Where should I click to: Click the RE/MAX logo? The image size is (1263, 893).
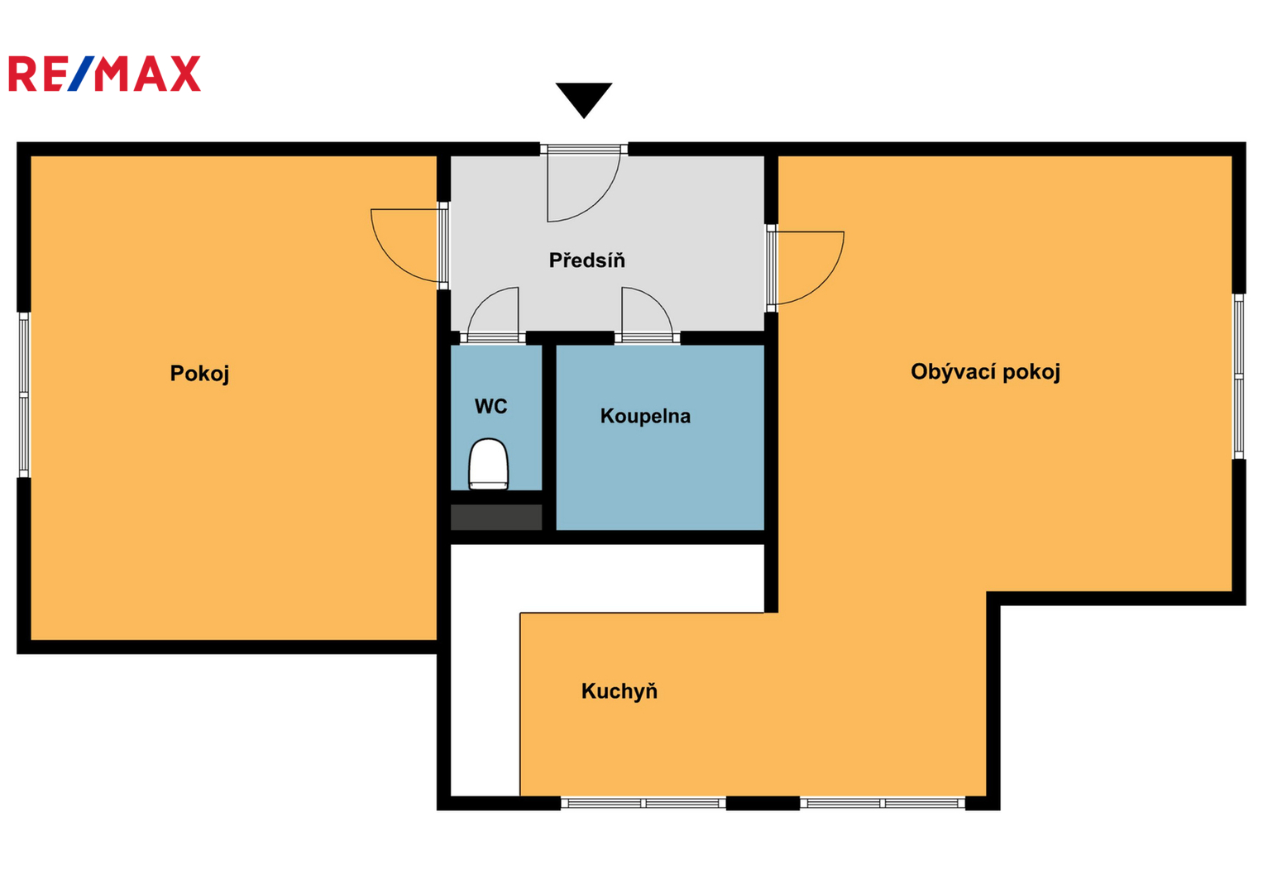[x=104, y=74]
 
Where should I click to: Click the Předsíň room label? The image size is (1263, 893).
[x=587, y=260]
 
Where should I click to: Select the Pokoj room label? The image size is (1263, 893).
[x=199, y=373]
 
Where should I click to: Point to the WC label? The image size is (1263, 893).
[x=490, y=406]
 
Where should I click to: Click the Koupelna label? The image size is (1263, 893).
[x=645, y=416]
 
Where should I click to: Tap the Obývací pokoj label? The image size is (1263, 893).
[x=985, y=372]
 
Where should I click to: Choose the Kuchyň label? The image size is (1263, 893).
[x=620, y=690]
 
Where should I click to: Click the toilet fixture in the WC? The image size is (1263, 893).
[x=488, y=464]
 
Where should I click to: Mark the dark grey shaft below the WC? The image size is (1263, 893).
[x=496, y=517]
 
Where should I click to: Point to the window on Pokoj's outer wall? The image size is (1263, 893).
[x=24, y=394]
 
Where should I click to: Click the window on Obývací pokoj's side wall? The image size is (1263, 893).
[x=1238, y=376]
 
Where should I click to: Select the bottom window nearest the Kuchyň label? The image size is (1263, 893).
[x=643, y=803]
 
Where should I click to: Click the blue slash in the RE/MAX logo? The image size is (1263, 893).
[x=83, y=74]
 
